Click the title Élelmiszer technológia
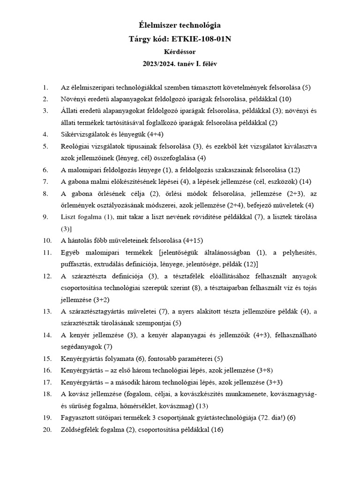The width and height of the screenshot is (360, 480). (180, 26)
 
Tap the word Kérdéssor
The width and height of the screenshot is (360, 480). (180, 51)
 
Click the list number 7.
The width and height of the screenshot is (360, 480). (45, 181)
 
